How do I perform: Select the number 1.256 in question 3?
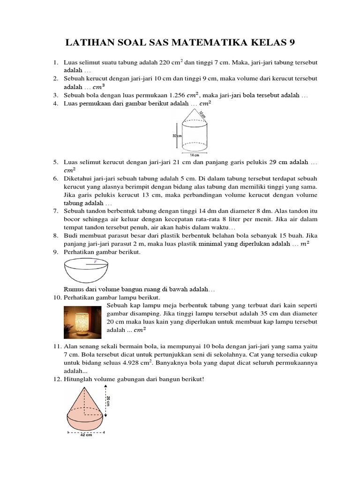coord(176,95)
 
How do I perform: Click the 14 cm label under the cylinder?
coord(195,154)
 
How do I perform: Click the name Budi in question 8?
coord(70,236)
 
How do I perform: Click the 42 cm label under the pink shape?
coord(86,435)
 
